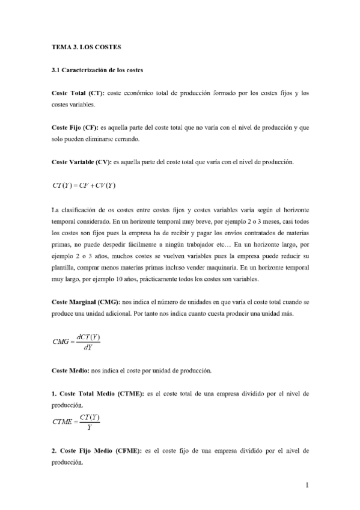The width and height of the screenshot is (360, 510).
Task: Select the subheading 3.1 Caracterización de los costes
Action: (x=97, y=70)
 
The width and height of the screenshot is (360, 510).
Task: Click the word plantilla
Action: (x=64, y=254)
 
